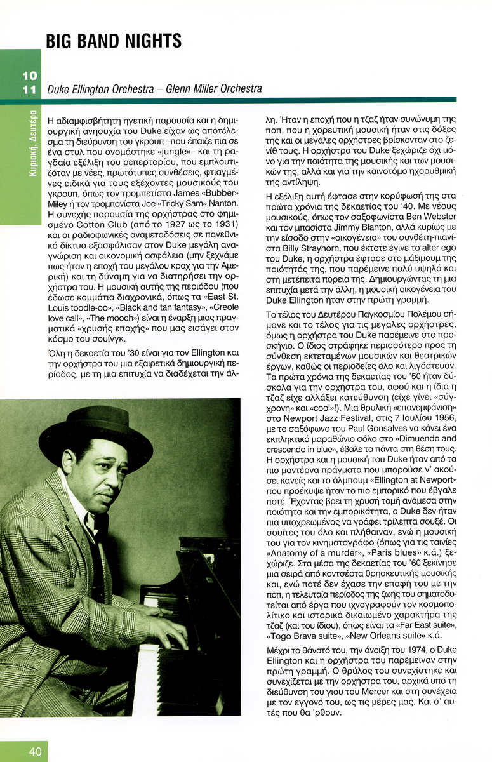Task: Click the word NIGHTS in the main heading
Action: tap(150, 41)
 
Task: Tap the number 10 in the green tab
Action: tap(29, 76)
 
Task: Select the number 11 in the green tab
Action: tap(29, 90)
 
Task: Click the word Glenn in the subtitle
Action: tap(180, 90)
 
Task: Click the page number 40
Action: tap(35, 751)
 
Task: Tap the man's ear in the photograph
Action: tap(69, 463)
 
